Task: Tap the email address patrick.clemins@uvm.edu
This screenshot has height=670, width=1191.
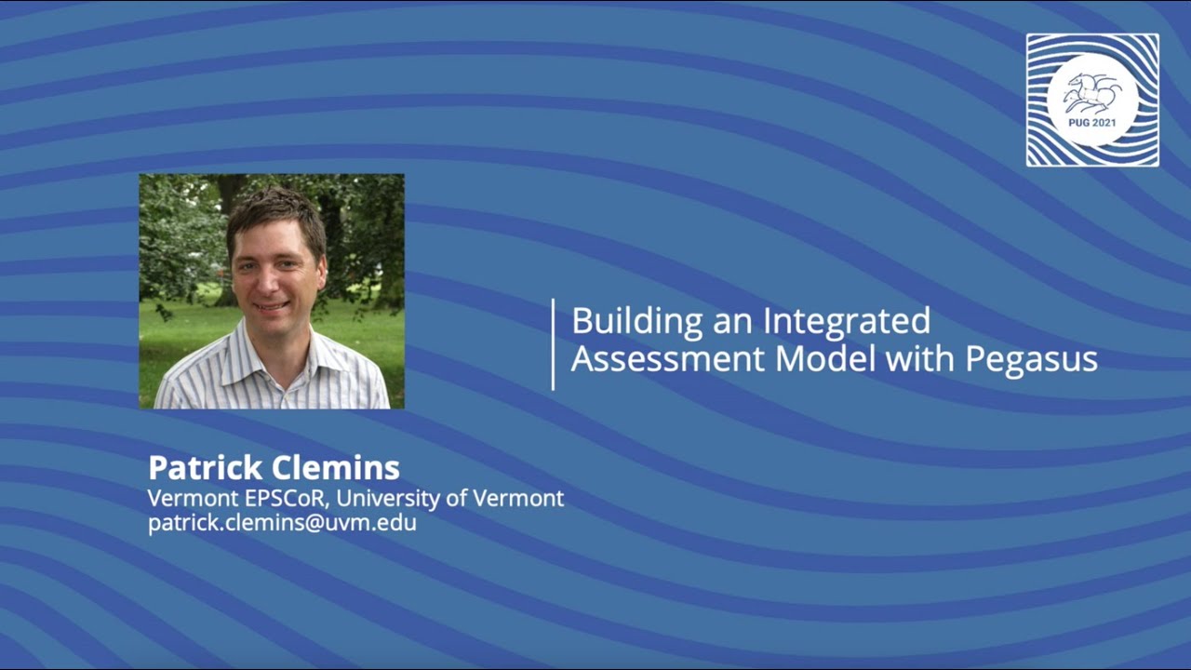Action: click(x=282, y=523)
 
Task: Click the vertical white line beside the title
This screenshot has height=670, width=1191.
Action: click(x=554, y=343)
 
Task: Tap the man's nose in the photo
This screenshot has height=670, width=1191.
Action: click(x=275, y=280)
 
